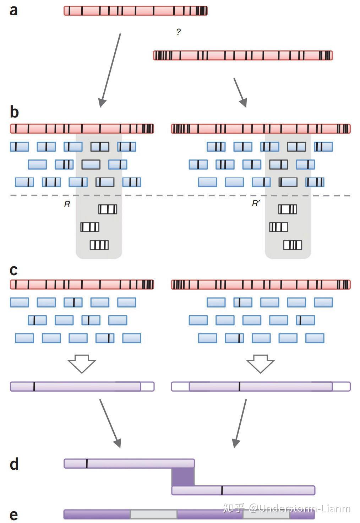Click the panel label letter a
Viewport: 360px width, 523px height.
[x=13, y=11]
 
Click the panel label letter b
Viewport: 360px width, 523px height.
[x=14, y=112]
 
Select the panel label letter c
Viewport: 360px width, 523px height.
[x=13, y=271]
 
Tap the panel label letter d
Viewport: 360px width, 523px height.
[x=14, y=464]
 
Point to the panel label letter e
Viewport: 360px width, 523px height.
[x=13, y=515]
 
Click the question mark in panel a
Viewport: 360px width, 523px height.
[x=178, y=32]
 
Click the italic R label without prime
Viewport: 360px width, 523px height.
[x=67, y=204]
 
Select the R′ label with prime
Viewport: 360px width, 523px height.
[x=256, y=204]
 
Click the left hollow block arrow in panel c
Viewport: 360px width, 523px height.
[x=82, y=363]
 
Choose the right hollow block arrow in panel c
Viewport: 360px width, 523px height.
[x=260, y=363]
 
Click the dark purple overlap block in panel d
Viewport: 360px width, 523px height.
[x=183, y=477]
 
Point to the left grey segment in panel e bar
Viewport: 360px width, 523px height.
[x=153, y=514]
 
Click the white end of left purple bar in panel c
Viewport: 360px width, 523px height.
[x=147, y=387]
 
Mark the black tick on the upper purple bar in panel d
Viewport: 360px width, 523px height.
[x=87, y=463]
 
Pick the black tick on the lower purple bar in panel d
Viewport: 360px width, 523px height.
[x=222, y=490]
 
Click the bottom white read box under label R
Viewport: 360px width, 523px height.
[x=99, y=245]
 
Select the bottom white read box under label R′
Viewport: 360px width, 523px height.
[x=293, y=245]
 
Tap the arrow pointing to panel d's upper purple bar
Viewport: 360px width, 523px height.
[x=110, y=423]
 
